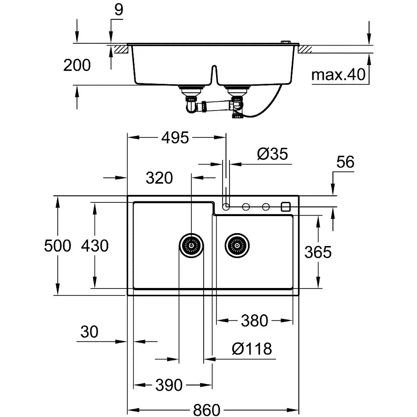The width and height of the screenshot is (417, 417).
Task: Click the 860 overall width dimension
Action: [206, 410]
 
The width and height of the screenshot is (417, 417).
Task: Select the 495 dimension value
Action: [175, 138]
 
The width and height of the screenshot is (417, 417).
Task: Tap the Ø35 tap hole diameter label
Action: [273, 154]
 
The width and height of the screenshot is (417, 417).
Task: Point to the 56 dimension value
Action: [346, 162]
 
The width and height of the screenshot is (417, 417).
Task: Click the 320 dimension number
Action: [159, 178]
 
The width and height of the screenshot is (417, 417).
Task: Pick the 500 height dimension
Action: [58, 246]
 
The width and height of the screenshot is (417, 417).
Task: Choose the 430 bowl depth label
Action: [95, 246]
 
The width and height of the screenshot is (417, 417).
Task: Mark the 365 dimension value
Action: [318, 252]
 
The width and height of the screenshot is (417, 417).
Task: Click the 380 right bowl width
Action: [254, 320]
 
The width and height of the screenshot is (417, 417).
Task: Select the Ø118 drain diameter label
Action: [252, 348]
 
